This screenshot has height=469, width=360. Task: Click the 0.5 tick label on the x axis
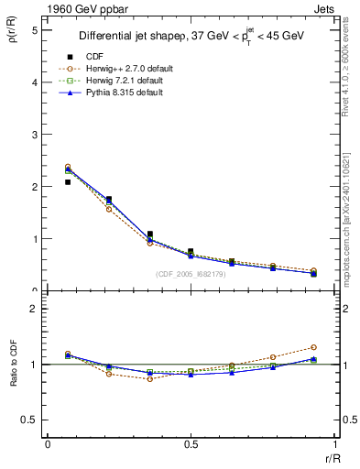pos(191,444)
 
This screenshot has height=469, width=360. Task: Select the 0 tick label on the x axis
pos(48,444)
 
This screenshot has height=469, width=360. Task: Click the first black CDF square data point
pos(68,182)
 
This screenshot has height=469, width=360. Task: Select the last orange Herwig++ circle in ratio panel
pos(313,347)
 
